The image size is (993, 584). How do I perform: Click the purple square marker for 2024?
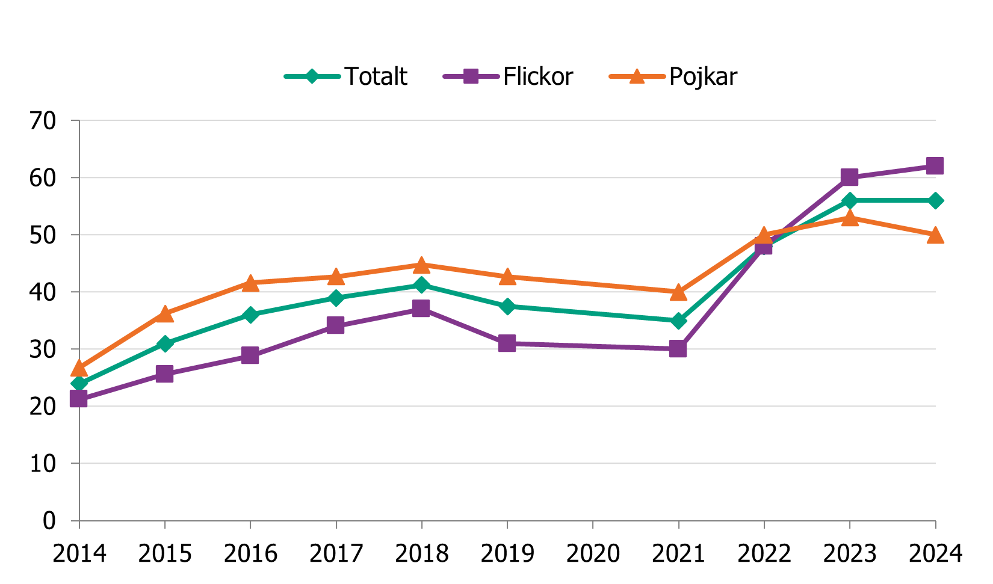(x=935, y=166)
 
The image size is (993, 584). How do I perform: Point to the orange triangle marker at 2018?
(x=421, y=265)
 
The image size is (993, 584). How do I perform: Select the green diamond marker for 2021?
(x=678, y=321)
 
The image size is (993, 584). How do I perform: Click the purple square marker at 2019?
(x=507, y=343)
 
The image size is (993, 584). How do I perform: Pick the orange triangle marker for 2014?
(x=79, y=368)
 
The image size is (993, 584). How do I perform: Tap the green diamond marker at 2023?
(x=849, y=200)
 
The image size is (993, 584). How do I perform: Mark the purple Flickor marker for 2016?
(x=250, y=355)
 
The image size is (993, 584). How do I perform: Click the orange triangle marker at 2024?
(x=935, y=235)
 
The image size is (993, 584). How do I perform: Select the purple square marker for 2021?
(x=678, y=349)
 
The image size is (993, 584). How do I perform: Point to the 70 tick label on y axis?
(x=43, y=121)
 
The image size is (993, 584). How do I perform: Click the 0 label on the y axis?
(x=49, y=521)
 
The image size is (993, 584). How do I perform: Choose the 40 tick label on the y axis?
(x=43, y=292)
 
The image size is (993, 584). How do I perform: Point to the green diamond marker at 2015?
(x=165, y=343)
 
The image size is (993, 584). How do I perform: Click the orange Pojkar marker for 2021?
(x=678, y=292)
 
